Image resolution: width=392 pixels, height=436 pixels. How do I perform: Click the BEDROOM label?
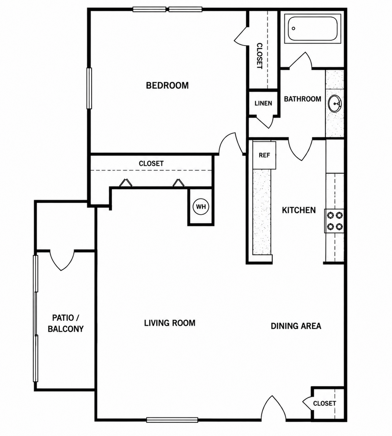point(167,85)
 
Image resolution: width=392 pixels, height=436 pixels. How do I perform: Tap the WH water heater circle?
point(201,207)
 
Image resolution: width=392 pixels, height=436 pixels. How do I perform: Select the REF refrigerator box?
point(264,155)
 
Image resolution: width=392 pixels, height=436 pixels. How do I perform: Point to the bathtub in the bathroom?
point(313,29)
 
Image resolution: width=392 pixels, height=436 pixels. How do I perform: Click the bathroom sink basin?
point(335,104)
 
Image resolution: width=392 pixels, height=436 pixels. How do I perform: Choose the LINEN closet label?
point(263,103)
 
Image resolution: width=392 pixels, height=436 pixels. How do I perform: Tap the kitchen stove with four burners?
point(334,221)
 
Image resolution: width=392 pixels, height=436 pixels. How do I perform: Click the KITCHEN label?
point(299,210)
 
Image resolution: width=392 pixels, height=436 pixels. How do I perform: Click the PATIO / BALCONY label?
point(66,323)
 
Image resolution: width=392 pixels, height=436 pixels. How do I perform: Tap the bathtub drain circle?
point(293,28)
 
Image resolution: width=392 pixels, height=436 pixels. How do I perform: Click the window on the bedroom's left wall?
point(89,88)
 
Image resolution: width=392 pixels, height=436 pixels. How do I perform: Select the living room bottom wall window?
point(172,420)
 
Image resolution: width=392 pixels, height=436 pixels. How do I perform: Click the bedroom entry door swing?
point(231,143)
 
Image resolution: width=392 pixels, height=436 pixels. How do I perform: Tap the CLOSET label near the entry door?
point(324,403)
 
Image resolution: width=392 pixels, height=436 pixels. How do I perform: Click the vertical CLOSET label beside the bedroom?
point(259,56)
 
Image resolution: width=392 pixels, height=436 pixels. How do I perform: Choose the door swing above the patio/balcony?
point(62,260)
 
